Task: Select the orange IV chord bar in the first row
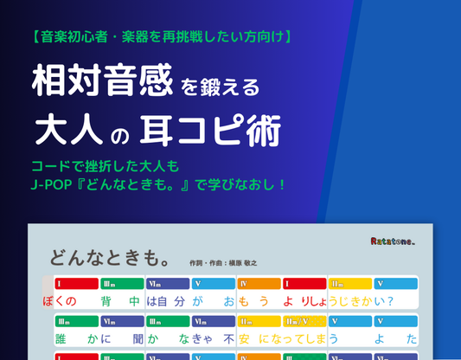[x=258, y=283]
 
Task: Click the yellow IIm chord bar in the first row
[x=349, y=283]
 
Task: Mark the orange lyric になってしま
[x=290, y=338]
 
